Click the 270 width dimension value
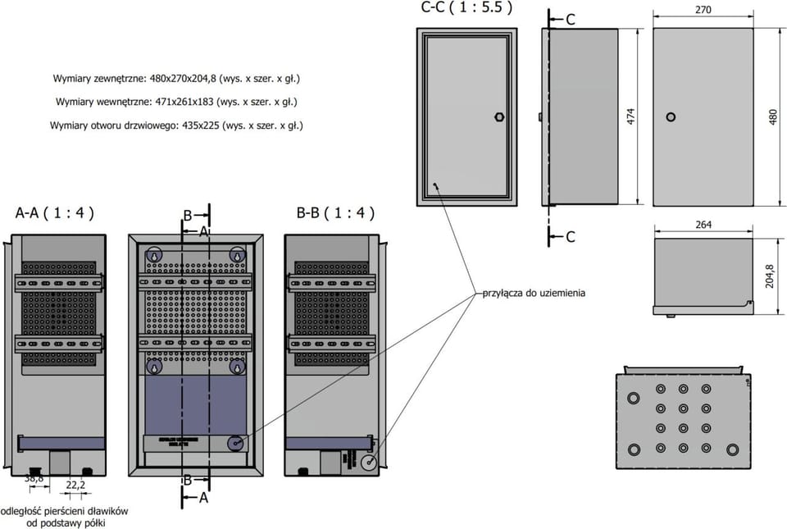coord(703,10)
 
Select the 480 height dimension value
coord(772,117)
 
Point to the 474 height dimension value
coord(630,117)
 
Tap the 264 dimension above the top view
coord(703,224)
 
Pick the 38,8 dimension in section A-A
coord(34,477)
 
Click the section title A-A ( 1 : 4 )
coord(55,213)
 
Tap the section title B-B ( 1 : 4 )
coord(335,213)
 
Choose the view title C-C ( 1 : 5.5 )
coord(466,8)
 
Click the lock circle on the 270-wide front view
coord(671,117)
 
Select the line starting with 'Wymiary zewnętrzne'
coord(176,79)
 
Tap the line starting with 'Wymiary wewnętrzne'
coord(176,102)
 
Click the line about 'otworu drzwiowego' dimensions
coord(176,125)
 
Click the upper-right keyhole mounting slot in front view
coord(237,256)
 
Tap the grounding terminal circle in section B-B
coord(367,463)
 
